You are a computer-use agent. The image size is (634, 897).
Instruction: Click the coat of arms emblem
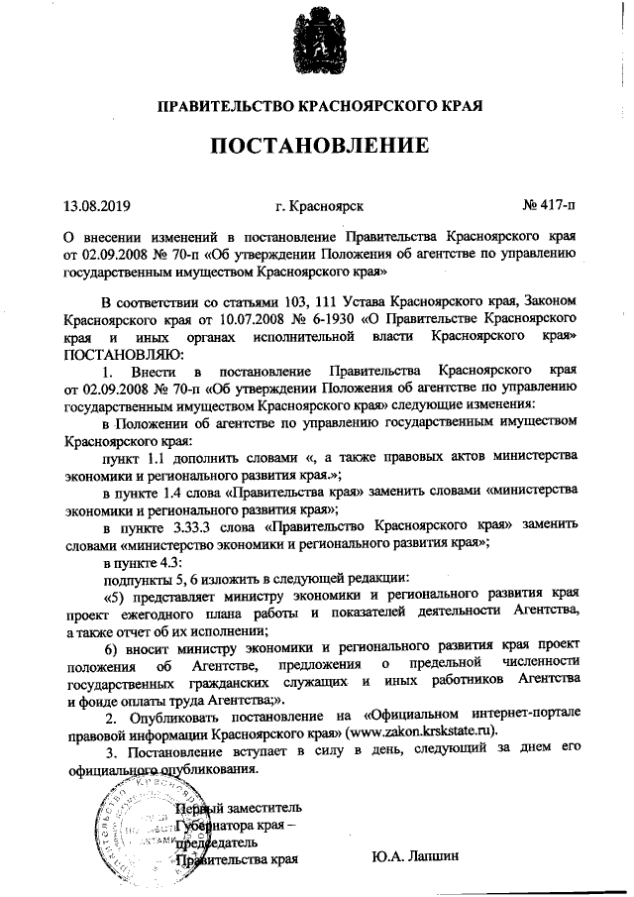[x=317, y=45]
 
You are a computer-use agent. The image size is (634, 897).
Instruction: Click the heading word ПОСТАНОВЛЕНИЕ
[x=317, y=146]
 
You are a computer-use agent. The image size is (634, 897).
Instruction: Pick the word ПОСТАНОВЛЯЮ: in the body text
[x=110, y=353]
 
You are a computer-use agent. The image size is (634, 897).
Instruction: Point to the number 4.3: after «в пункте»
[x=166, y=561]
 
